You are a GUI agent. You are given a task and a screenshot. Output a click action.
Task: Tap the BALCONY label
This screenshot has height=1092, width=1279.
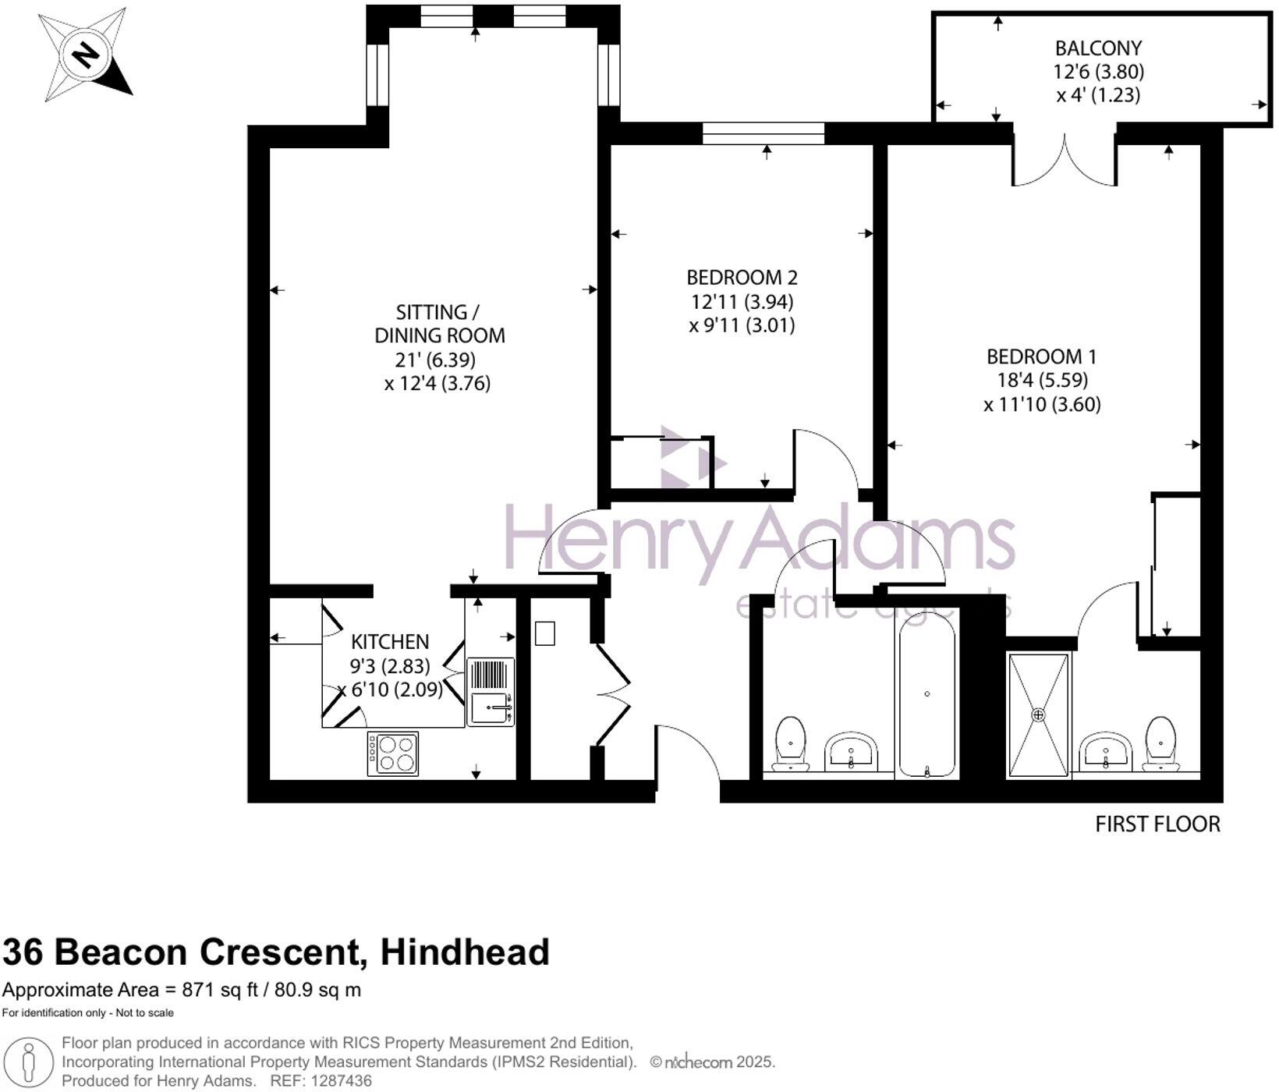click(1098, 48)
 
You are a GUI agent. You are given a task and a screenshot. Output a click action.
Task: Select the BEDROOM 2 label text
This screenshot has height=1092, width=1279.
click(742, 278)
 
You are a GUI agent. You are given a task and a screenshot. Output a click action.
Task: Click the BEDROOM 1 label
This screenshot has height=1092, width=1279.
click(1041, 357)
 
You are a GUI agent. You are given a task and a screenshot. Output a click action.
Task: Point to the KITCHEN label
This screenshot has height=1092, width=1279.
click(389, 642)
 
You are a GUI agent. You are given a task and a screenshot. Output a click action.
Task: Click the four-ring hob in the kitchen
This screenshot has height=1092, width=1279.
click(393, 753)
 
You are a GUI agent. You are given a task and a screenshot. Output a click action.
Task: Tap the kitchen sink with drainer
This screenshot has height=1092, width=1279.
click(491, 693)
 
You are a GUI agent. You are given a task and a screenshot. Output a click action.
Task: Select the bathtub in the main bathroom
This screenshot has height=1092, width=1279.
click(926, 694)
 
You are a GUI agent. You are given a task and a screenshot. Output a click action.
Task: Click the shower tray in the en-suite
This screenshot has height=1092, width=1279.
click(1038, 715)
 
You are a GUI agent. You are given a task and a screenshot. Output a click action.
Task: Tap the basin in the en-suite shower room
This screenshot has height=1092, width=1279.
click(1106, 750)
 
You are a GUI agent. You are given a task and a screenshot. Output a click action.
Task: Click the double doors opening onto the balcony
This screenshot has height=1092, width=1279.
click(1065, 158)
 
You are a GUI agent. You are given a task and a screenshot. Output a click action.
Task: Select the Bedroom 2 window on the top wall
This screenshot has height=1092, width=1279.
click(763, 133)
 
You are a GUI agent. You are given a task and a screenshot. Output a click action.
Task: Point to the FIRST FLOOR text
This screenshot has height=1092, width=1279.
click(1157, 824)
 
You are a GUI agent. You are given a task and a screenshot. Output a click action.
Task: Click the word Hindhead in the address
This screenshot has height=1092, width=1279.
click(465, 952)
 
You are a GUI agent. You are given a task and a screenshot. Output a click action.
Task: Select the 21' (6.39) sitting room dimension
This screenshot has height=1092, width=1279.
click(435, 360)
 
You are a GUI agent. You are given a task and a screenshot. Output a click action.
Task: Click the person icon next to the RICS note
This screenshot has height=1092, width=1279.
click(29, 1062)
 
